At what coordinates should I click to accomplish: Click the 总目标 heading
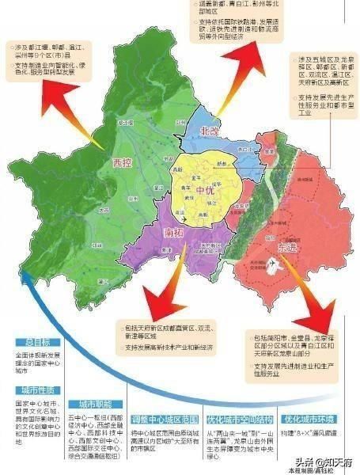click(x=35, y=343)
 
